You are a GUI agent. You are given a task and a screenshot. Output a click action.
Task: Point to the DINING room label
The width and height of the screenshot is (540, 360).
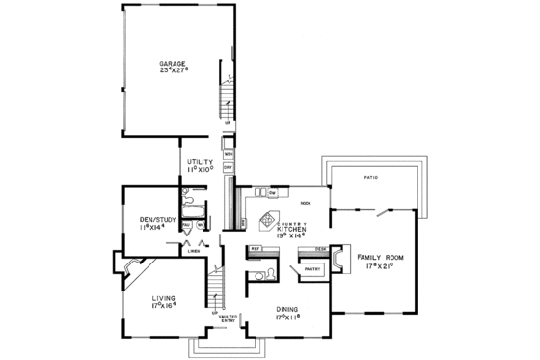[x=286, y=311]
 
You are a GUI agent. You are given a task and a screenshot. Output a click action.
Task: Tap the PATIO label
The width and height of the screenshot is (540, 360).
[x=371, y=179]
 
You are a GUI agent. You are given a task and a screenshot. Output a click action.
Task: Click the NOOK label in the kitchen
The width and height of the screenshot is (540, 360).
[x=305, y=204]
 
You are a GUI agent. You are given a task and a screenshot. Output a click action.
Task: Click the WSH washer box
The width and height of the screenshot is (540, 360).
[x=229, y=153]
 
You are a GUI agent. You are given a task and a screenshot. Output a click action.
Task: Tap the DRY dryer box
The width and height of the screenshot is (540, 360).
[x=229, y=167]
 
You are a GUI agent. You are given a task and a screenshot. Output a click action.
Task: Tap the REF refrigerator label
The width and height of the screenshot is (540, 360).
[x=256, y=248]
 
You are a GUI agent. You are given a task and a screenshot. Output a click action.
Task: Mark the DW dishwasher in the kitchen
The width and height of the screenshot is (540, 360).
[x=273, y=194]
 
